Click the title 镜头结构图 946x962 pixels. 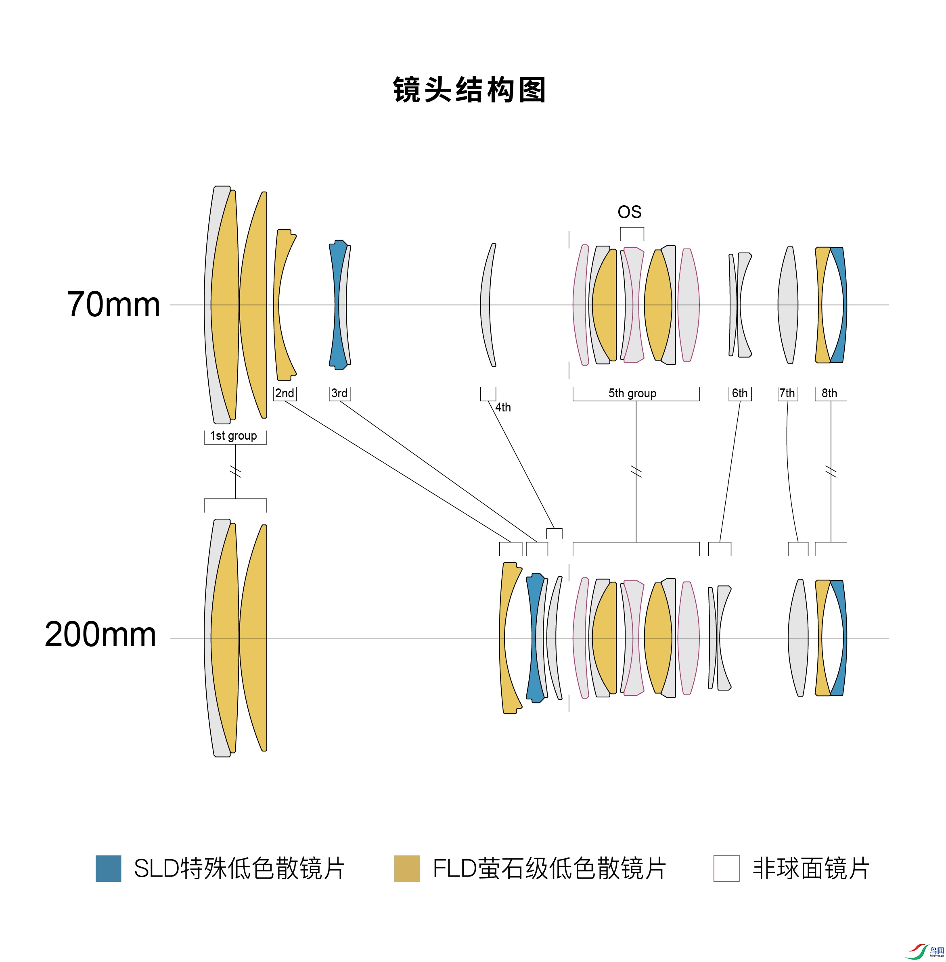pyautogui.click(x=469, y=90)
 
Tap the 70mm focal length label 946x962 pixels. pyautogui.click(x=113, y=305)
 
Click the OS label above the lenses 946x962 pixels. pyautogui.click(x=630, y=212)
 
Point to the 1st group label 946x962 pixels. pyautogui.click(x=234, y=436)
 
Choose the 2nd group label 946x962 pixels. pyautogui.click(x=285, y=393)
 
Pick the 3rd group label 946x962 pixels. pyautogui.click(x=339, y=393)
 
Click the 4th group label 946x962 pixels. pyautogui.click(x=503, y=407)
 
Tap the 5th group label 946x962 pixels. pyautogui.click(x=632, y=393)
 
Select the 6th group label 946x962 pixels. pyautogui.click(x=740, y=393)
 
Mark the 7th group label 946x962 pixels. pyautogui.click(x=787, y=393)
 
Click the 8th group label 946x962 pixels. pyautogui.click(x=829, y=393)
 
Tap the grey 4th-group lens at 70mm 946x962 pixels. pyautogui.click(x=486, y=305)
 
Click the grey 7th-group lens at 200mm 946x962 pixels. pyautogui.click(x=798, y=638)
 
